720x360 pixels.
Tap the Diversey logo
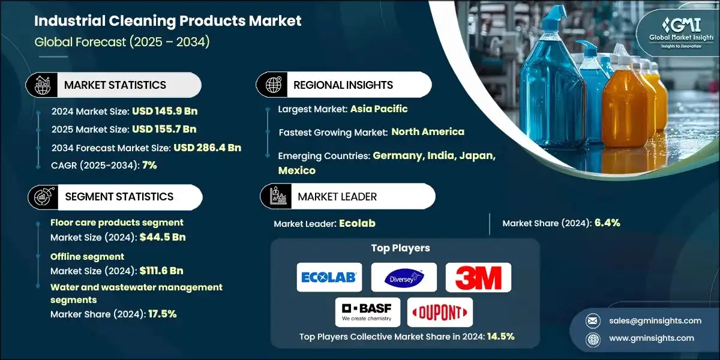tap(403, 277)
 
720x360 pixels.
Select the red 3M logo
tap(478, 277)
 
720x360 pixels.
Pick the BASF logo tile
tap(367, 311)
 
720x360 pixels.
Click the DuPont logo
tap(440, 311)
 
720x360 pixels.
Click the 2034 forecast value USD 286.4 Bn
tap(208, 147)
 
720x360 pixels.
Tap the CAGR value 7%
tap(149, 165)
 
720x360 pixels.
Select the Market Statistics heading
tap(115, 85)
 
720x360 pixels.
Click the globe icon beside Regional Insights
tap(274, 85)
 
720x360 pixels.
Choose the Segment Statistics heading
tap(119, 196)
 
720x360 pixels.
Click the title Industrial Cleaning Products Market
tap(168, 22)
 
